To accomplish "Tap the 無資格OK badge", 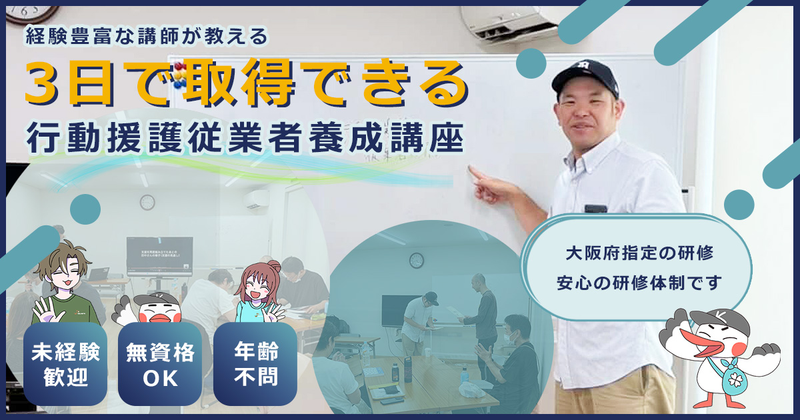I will (x=160, y=365).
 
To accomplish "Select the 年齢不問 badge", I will (x=256, y=365).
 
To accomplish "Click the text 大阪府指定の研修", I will (x=639, y=254).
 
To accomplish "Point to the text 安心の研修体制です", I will (x=639, y=283).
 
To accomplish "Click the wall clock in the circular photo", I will (x=417, y=261).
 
